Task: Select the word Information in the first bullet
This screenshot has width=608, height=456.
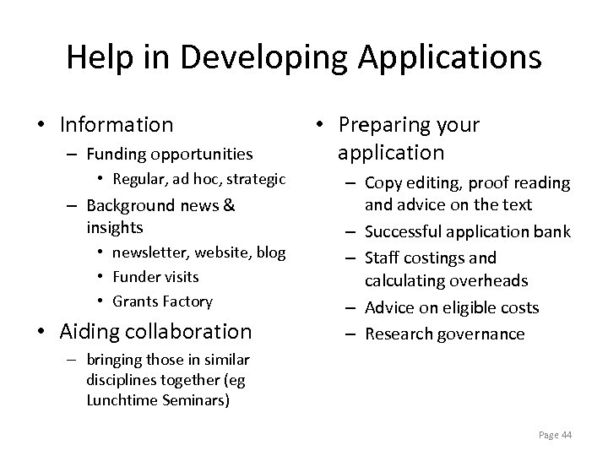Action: pyautogui.click(x=117, y=125)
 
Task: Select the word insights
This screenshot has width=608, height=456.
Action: pyautogui.click(x=115, y=227)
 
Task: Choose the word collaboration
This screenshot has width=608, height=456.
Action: pyautogui.click(x=183, y=332)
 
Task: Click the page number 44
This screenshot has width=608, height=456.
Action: pyautogui.click(x=566, y=435)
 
